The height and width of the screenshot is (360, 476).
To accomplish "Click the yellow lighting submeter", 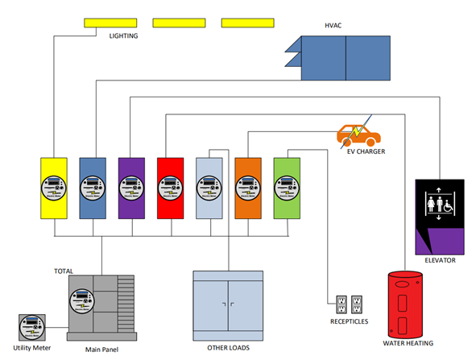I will click(x=54, y=188).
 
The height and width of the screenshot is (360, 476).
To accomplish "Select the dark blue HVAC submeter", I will click(x=93, y=188).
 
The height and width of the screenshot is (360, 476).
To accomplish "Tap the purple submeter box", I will click(x=131, y=188).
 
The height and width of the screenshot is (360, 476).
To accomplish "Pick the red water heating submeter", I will click(x=171, y=188).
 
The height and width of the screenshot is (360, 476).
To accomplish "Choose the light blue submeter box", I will click(x=209, y=188).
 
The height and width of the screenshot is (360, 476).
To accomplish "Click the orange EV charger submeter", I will click(x=248, y=188).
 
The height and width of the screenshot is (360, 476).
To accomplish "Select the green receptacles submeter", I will click(x=287, y=188).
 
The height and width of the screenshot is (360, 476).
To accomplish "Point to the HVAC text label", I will click(x=333, y=26).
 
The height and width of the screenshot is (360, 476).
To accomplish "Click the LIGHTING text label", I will click(x=123, y=36).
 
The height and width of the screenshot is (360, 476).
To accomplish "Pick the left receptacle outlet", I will click(x=340, y=305).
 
